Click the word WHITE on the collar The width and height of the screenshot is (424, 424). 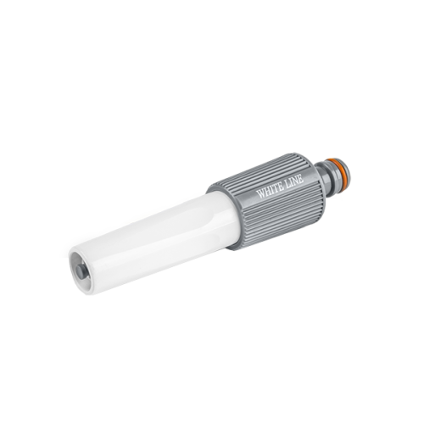[270, 190]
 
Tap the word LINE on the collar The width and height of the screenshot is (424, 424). [294, 181]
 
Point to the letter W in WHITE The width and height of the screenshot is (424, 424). [260, 193]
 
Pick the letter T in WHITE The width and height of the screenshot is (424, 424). [276, 188]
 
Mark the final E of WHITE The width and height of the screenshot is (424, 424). [281, 187]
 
